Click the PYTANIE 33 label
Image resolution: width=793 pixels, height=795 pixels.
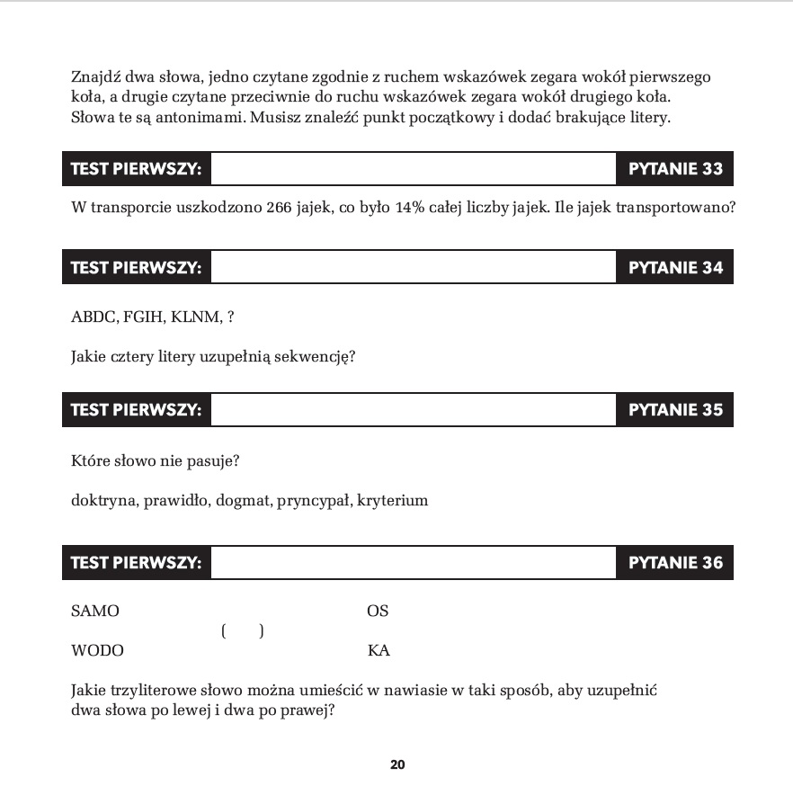(675, 169)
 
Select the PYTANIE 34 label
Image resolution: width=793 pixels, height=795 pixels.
(675, 267)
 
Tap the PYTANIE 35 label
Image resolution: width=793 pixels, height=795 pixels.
(675, 410)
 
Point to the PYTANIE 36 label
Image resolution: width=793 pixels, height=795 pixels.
(675, 563)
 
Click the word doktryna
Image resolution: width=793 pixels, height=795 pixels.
(104, 500)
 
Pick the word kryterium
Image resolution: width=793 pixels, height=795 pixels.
(392, 500)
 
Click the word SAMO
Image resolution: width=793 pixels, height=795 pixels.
(94, 612)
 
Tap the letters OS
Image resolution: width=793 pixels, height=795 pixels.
(378, 612)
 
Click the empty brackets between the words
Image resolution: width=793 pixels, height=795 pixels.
(242, 631)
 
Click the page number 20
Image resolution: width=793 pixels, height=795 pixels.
(397, 765)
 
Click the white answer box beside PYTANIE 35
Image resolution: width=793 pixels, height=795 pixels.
(413, 410)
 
